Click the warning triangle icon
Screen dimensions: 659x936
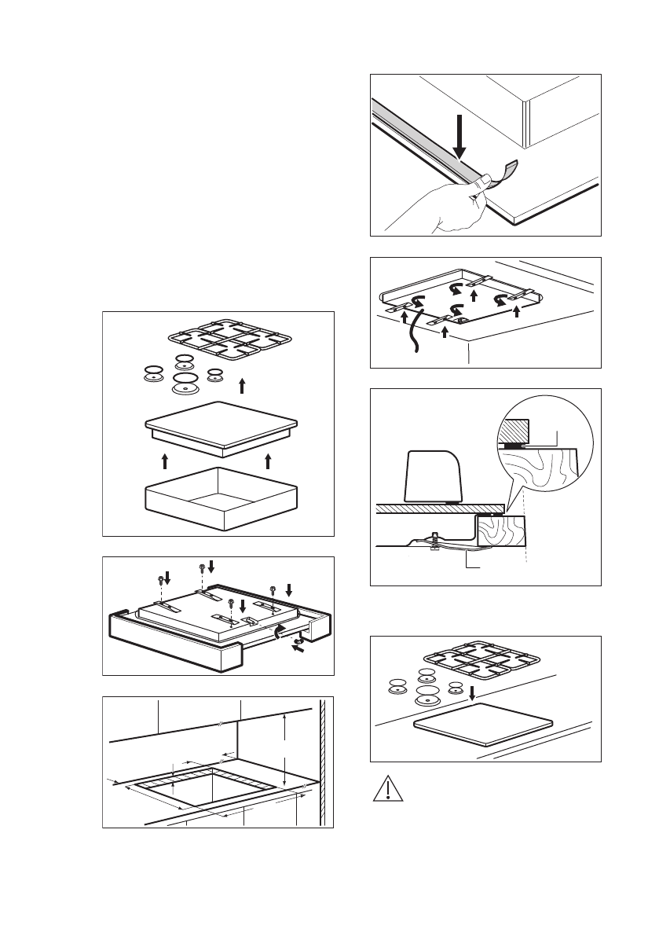point(385,788)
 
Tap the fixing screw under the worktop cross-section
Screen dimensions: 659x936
point(434,542)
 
